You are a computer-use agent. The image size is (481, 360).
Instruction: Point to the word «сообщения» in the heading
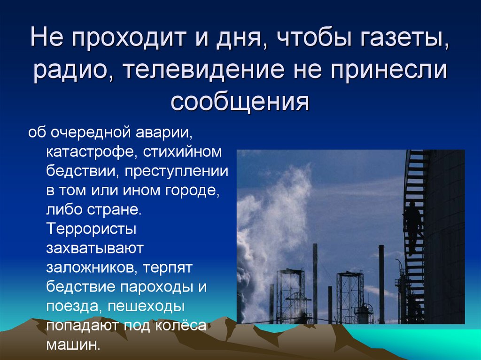click(240, 101)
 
